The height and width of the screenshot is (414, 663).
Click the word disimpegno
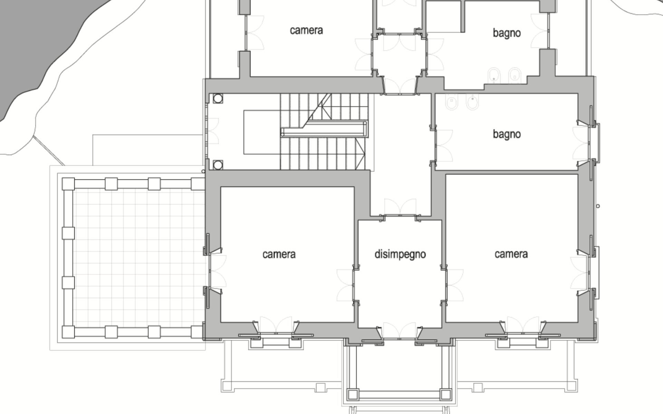400,255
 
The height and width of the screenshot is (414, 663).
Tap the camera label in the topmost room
306,30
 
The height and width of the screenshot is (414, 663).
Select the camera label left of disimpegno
279,254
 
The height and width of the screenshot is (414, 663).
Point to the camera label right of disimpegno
511,254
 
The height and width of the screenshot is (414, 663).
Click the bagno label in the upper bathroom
507,33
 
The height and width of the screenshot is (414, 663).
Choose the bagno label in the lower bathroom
507,134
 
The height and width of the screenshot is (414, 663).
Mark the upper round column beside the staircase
218,99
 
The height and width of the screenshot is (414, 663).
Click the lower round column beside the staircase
218,165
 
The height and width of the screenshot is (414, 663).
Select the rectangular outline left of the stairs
261,132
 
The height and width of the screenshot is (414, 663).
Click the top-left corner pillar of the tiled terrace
68,184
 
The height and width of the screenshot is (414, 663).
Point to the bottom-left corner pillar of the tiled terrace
68,332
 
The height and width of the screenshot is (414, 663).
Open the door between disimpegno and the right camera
453,285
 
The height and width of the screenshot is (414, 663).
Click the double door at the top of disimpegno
400,207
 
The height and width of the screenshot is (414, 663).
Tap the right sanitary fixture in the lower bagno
472,101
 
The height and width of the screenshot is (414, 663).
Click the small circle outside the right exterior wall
598,206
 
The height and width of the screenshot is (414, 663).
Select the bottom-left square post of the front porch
353,394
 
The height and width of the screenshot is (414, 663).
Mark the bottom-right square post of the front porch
445,394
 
